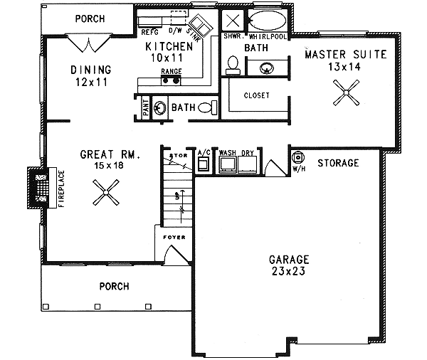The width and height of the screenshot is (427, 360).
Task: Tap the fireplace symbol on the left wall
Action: [38, 189]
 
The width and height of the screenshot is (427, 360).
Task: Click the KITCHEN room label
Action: [169, 47]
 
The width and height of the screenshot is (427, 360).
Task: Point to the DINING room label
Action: [91, 70]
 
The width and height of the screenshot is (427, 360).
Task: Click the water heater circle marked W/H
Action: [298, 157]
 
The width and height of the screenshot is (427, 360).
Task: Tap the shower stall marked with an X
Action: [232, 20]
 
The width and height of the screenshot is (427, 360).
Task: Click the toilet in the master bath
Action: [232, 65]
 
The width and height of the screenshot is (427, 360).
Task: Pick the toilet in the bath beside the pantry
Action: [205, 107]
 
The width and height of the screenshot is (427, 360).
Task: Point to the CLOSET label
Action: [256, 95]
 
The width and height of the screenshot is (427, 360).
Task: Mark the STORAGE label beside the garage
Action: [337, 163]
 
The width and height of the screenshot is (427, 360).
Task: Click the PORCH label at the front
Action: [115, 287]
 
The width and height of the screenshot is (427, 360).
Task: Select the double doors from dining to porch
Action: [88, 44]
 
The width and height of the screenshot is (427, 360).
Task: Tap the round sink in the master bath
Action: [266, 68]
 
